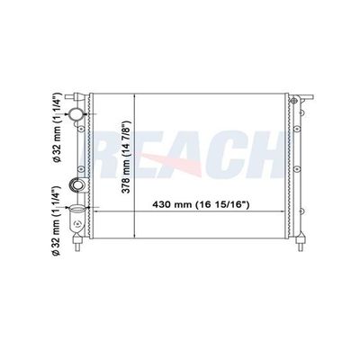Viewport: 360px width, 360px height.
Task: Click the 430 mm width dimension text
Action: point(201,205)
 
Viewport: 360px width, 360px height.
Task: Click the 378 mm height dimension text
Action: point(127,157)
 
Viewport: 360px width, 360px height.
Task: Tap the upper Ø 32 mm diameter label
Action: point(57,128)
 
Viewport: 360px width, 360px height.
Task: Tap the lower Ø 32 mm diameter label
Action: point(57,220)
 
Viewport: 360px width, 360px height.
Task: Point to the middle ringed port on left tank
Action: point(77,185)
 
